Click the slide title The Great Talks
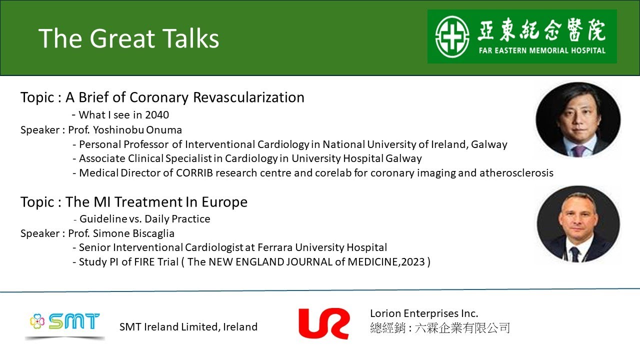click(129, 38)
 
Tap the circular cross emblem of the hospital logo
click(452, 36)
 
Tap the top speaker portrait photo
click(578, 120)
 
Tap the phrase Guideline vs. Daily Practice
click(144, 219)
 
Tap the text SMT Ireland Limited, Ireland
click(188, 327)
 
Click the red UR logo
click(323, 323)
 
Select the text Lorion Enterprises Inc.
click(424, 313)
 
